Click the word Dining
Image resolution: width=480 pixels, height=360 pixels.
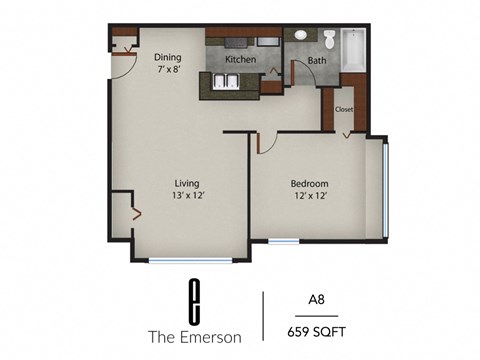(167, 57)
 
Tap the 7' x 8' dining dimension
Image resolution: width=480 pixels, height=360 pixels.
(168, 70)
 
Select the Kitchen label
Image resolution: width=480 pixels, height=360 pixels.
(240, 60)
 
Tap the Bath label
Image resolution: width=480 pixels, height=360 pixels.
(317, 61)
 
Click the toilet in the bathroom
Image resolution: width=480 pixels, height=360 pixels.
(329, 40)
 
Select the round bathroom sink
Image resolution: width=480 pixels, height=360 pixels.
(300, 37)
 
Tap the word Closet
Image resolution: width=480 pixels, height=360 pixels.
(344, 109)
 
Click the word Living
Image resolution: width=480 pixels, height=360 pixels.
(187, 184)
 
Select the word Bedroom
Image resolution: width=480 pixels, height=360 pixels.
(309, 184)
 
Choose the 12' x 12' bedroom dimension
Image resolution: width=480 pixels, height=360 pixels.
(309, 196)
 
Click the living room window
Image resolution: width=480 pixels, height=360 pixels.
(190, 261)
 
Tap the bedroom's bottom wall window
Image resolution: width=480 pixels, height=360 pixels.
(282, 240)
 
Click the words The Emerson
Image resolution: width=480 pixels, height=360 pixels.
(190, 334)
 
